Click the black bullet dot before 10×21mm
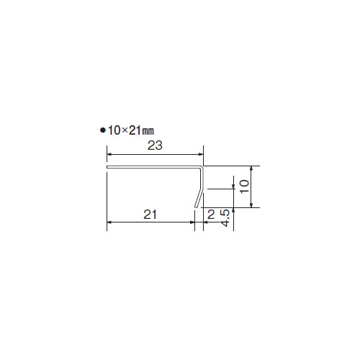click(103, 130)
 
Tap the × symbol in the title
click(124, 130)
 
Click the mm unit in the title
click(148, 131)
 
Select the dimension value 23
click(155, 145)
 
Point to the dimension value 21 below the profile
click(150, 215)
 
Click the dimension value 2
click(211, 215)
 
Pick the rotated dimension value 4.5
click(225, 218)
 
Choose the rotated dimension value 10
click(244, 186)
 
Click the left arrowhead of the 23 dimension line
click(109, 155)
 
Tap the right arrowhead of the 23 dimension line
click(201, 155)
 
